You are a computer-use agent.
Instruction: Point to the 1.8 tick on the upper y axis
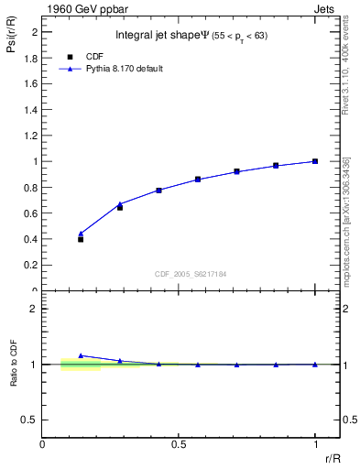point(30,58)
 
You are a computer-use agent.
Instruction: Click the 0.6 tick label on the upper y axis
point(30,213)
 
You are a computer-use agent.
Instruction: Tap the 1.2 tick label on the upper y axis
point(30,136)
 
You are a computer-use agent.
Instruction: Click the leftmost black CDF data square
point(81,239)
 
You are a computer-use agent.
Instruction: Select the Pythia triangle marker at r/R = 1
point(315,161)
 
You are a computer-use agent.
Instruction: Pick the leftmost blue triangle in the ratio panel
point(81,355)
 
